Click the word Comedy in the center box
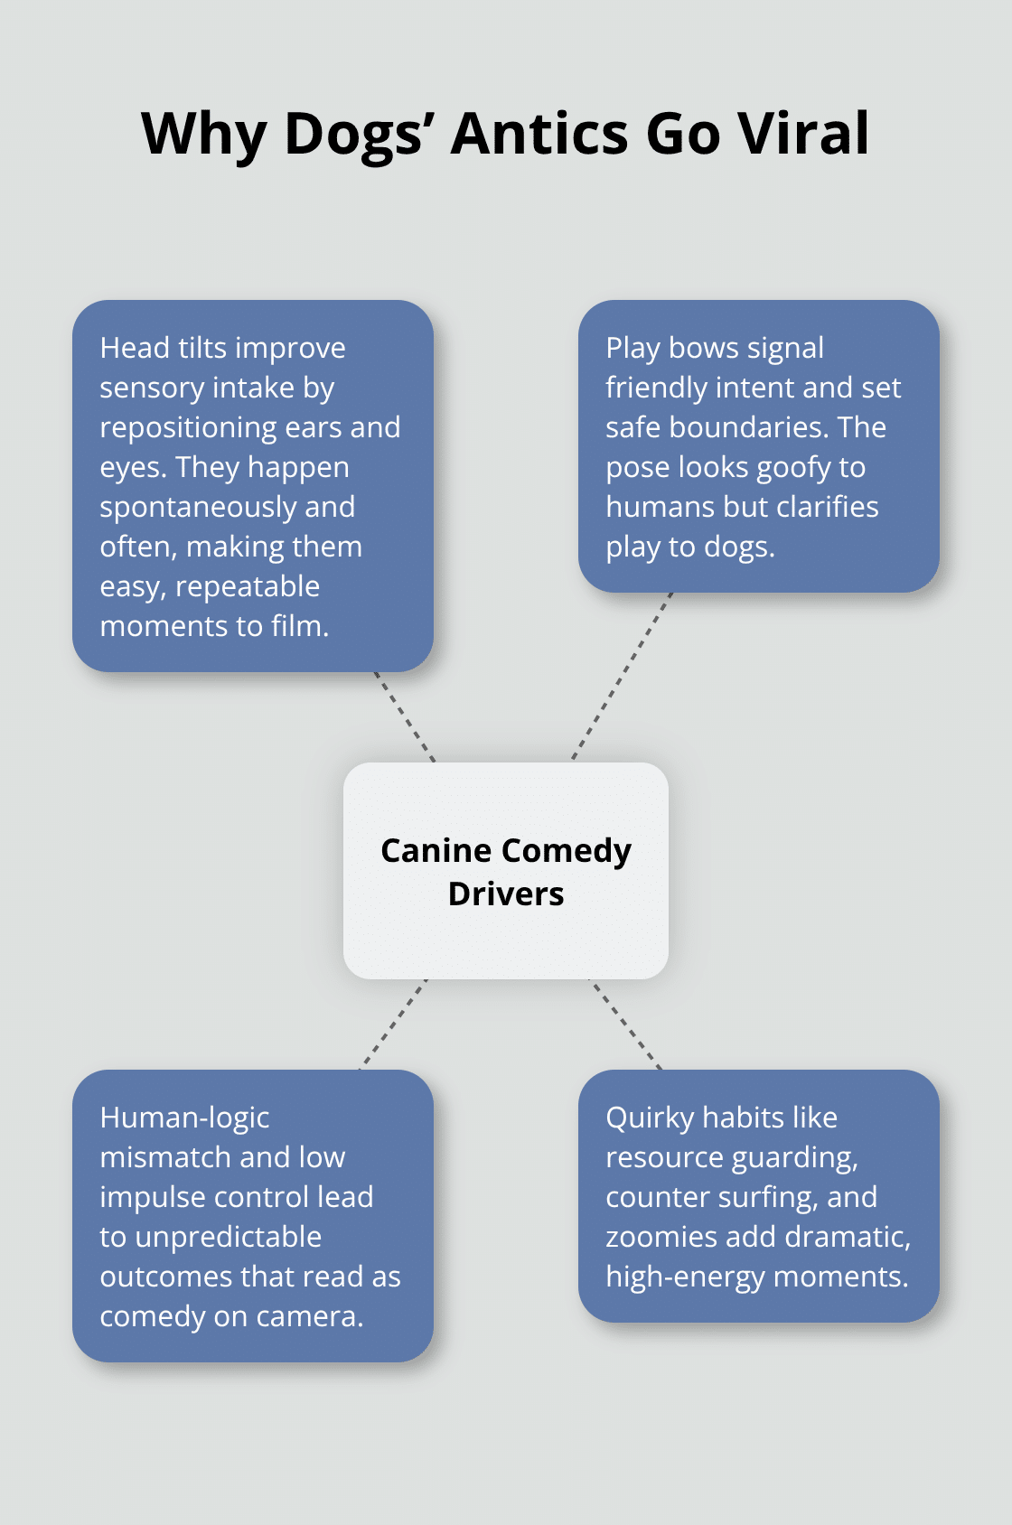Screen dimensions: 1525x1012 point(566,850)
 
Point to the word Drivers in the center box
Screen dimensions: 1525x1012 point(506,893)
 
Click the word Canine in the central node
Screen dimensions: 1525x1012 point(436,850)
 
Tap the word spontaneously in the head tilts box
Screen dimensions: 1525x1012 point(198,507)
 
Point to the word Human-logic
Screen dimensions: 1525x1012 point(184,1118)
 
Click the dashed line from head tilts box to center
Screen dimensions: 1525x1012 point(405,717)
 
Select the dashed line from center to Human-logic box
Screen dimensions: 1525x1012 point(394,1024)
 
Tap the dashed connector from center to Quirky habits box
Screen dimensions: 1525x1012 point(626,1024)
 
